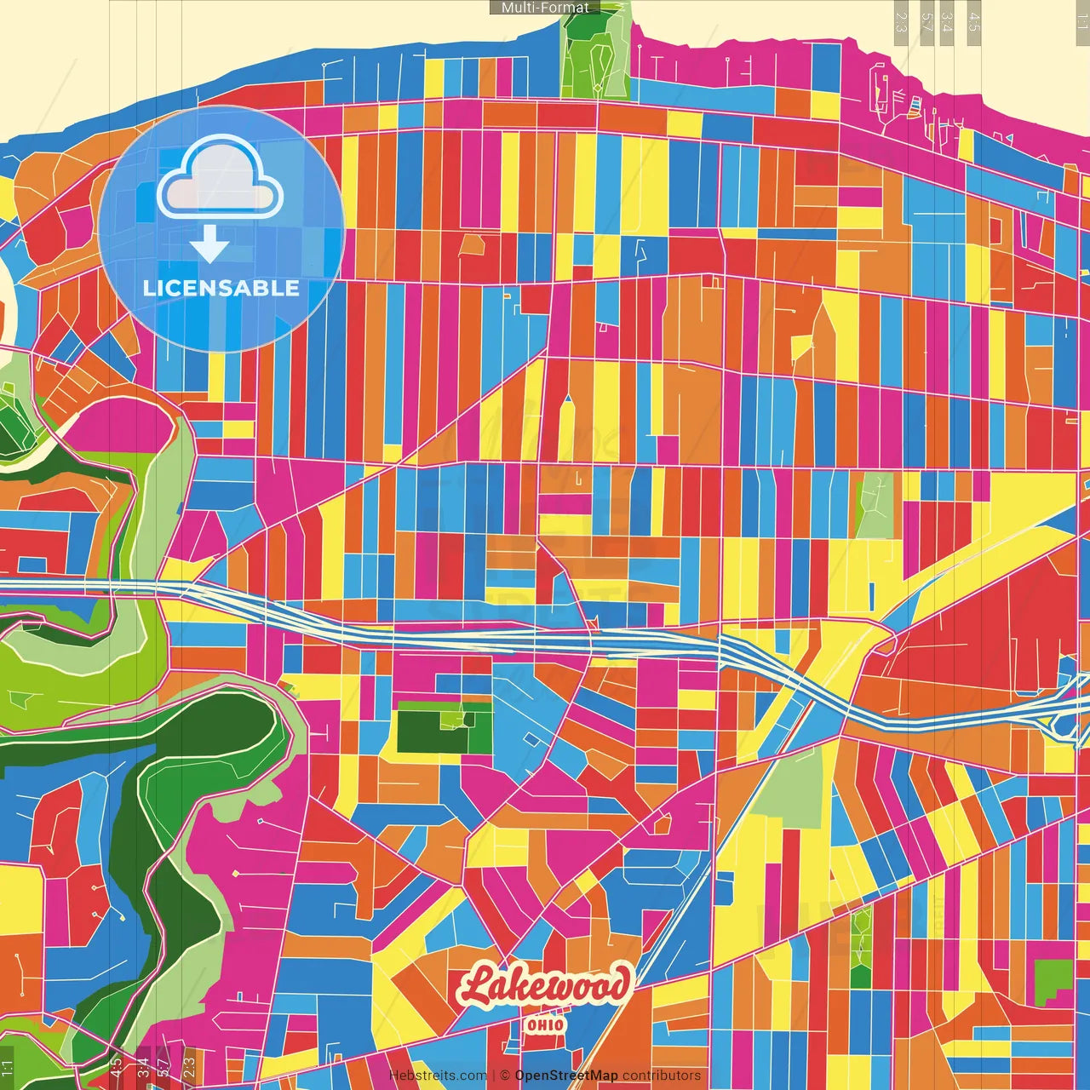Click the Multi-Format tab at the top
[x=545, y=8]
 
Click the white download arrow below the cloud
[x=209, y=244]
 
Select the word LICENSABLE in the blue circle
[x=221, y=288]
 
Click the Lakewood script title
[x=545, y=986]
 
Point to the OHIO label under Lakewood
[x=545, y=1024]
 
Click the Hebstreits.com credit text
[x=438, y=1076]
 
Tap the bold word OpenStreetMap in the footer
[x=566, y=1076]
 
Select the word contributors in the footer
[x=662, y=1076]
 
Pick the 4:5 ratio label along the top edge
[x=974, y=21]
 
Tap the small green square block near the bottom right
[x=1053, y=979]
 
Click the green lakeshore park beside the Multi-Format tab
[x=596, y=51]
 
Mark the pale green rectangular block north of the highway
[x=875, y=505]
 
